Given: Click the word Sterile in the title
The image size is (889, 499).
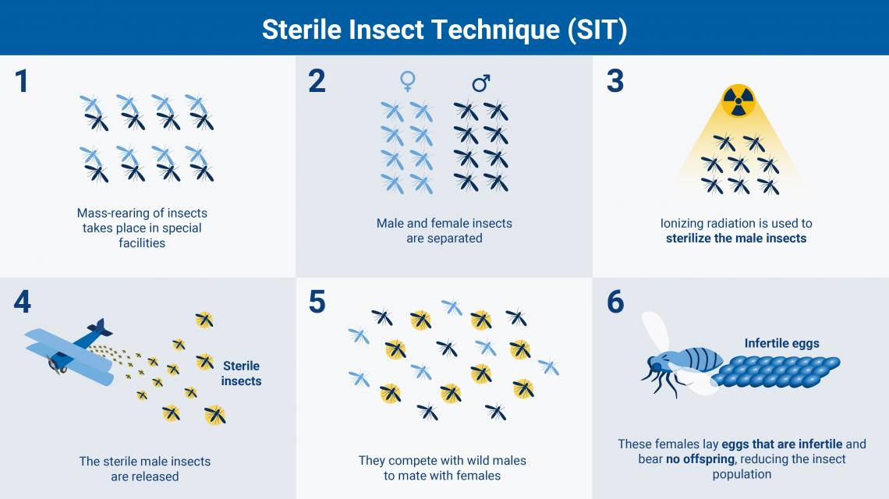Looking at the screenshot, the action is [303, 30].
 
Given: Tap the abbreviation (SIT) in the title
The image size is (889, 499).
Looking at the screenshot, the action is [597, 30].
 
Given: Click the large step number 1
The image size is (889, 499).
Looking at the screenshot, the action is [22, 81].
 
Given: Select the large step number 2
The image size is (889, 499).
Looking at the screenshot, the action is [317, 81].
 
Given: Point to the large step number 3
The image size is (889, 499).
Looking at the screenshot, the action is [615, 81].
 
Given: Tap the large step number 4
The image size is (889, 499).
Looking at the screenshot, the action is [22, 302].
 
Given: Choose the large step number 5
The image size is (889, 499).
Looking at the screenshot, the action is [317, 302].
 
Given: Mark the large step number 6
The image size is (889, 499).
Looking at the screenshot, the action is [615, 302].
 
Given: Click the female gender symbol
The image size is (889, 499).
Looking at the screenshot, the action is [408, 81].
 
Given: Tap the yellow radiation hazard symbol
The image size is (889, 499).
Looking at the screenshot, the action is [738, 101].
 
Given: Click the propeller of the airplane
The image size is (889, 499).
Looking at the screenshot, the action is [57, 364].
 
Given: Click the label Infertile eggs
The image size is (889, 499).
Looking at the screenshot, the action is [781, 343].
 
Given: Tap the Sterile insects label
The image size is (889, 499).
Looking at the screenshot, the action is [241, 373].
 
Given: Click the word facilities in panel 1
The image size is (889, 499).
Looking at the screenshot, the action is [142, 242].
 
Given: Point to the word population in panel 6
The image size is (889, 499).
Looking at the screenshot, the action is [742, 474].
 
